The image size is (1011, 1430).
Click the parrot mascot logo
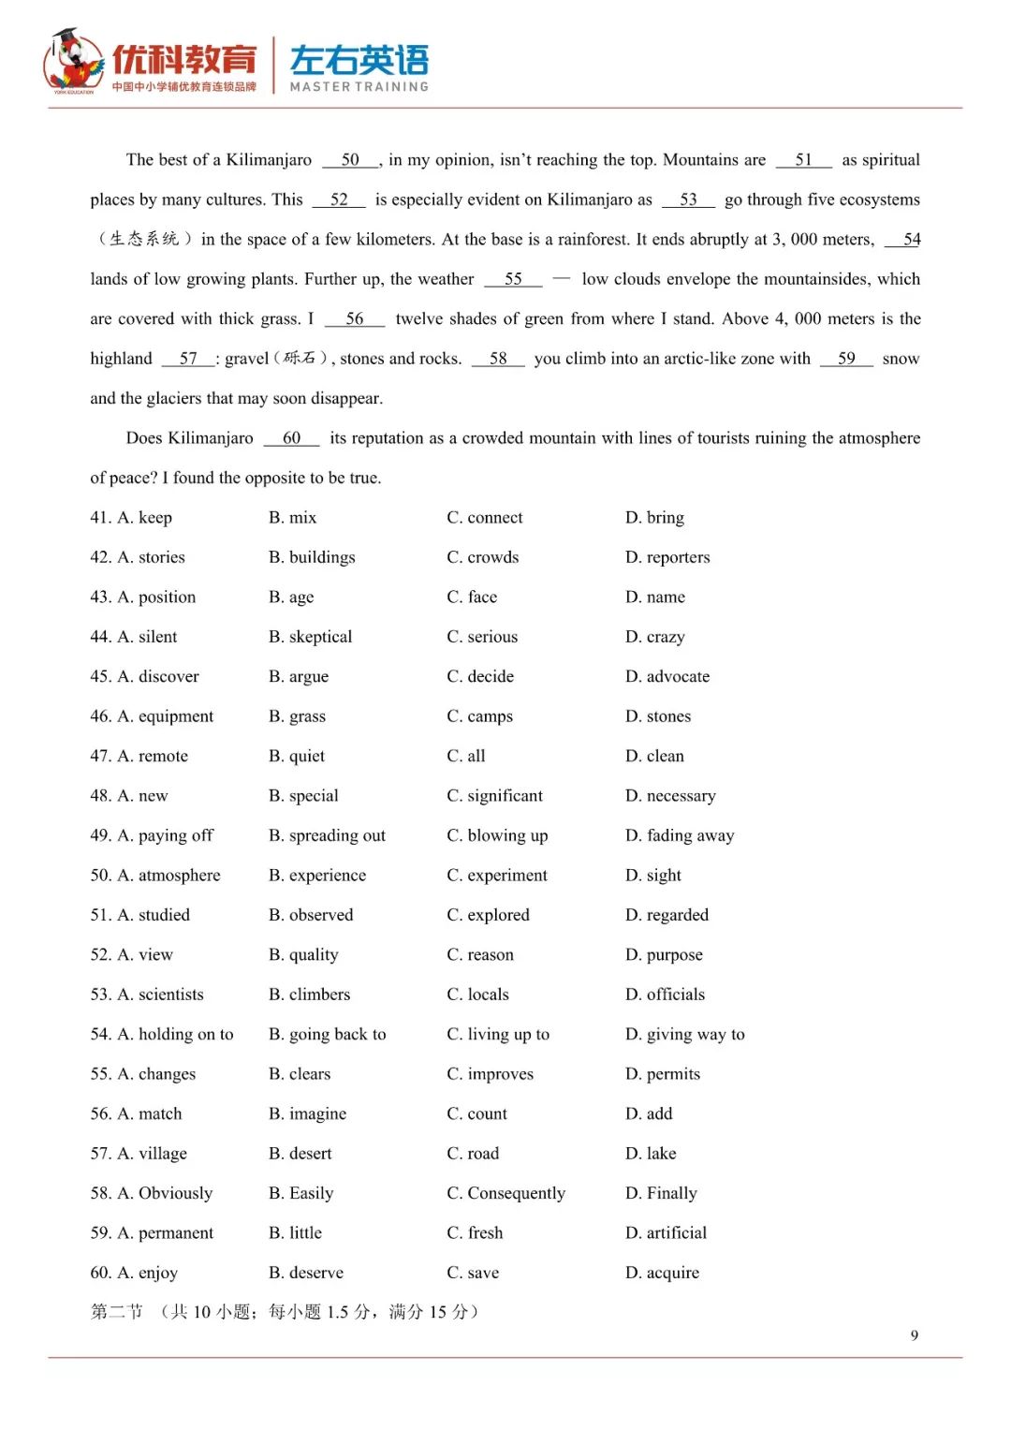tap(73, 62)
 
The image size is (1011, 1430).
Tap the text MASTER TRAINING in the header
tap(359, 87)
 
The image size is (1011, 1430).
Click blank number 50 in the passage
tap(350, 160)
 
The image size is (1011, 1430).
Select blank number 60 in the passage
tap(291, 438)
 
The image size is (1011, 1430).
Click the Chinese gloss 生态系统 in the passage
tap(144, 240)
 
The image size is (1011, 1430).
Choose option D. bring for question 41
tap(654, 518)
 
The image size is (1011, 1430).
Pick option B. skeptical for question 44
tap(310, 637)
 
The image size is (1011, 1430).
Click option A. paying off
tap(165, 835)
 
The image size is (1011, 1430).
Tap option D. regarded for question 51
tap(667, 915)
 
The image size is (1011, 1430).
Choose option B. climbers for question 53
tap(309, 995)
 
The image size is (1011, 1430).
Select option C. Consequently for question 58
tap(505, 1193)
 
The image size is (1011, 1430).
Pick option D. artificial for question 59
tap(666, 1232)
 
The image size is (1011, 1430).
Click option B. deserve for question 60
tap(305, 1273)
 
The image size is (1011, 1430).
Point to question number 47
tap(100, 756)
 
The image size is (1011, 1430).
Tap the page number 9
tap(914, 1335)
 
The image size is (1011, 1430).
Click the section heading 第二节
tap(116, 1312)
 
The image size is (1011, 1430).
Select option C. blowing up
tap(497, 835)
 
